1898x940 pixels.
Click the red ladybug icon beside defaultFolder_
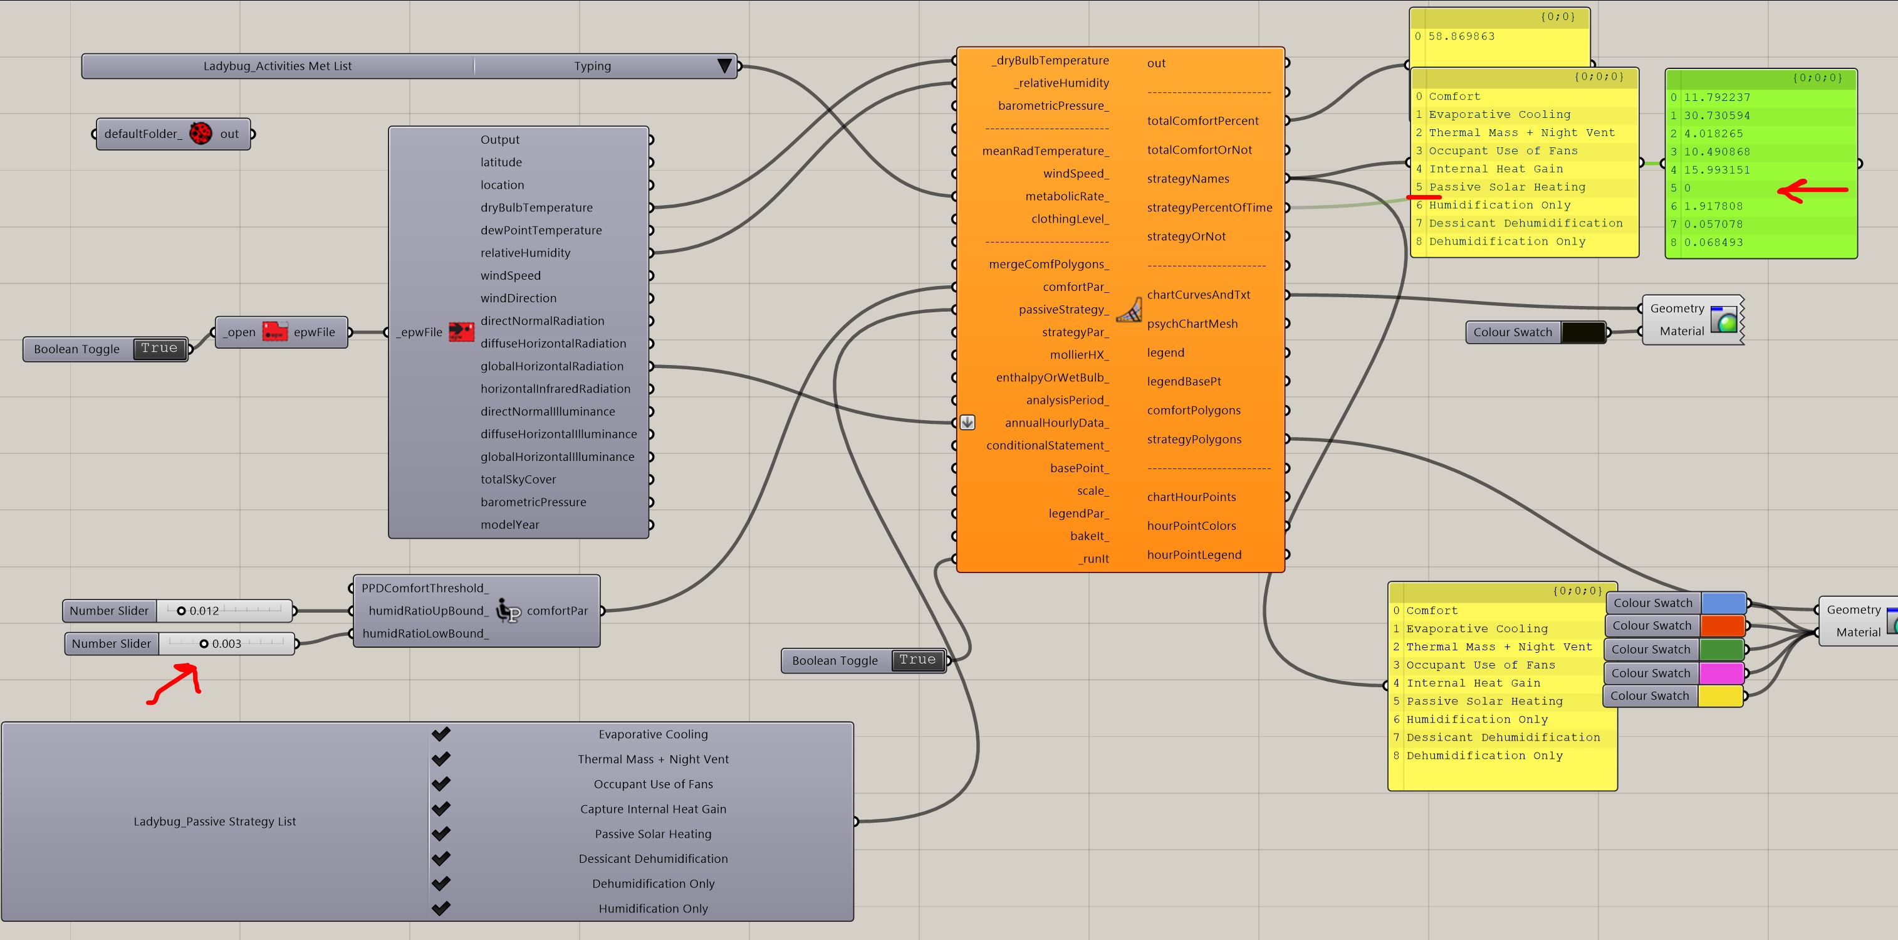click(201, 134)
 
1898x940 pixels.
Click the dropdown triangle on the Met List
click(724, 66)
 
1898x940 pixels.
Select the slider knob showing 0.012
click(181, 610)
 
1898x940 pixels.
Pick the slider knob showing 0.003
click(204, 643)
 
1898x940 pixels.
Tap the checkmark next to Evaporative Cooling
click(441, 734)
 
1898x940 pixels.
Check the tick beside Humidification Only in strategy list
click(441, 908)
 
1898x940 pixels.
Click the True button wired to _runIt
click(917, 660)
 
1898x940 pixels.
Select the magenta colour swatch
click(1721, 673)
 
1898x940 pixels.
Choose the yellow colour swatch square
click(1721, 696)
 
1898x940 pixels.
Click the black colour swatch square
click(1583, 332)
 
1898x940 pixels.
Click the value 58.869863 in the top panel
click(1462, 36)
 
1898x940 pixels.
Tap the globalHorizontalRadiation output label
click(552, 366)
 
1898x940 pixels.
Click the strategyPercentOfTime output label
click(1210, 208)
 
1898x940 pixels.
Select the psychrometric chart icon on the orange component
click(1129, 310)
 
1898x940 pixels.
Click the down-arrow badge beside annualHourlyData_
click(967, 423)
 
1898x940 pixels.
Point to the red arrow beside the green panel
click(1813, 191)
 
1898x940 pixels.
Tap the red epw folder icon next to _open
click(275, 332)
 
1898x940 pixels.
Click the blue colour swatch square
click(1723, 603)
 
